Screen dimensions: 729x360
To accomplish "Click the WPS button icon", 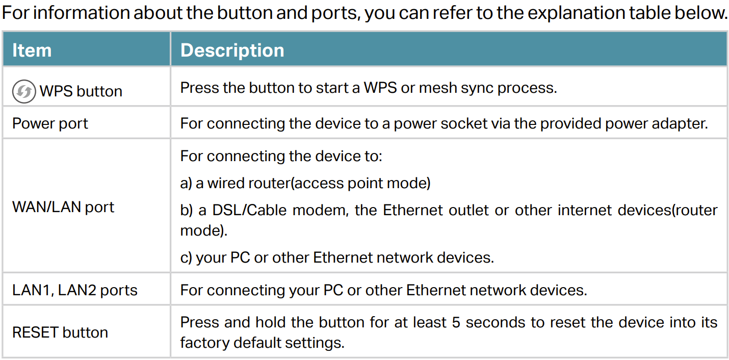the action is click(x=24, y=91).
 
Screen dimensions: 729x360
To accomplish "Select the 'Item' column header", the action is click(x=32, y=50).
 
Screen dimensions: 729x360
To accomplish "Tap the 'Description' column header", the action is click(x=232, y=50).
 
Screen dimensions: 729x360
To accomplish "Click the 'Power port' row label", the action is click(x=50, y=124).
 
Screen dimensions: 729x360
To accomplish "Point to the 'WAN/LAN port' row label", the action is click(x=63, y=207).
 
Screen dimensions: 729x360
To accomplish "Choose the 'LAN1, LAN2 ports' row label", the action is click(x=75, y=290).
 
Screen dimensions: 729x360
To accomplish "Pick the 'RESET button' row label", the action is click(x=60, y=332).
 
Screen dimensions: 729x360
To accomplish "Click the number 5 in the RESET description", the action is click(x=456, y=323).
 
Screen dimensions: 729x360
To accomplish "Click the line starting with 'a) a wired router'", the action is click(x=305, y=183).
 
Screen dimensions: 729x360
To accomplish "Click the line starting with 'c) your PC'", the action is click(x=337, y=258).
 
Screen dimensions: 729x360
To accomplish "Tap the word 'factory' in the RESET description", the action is click(x=204, y=343).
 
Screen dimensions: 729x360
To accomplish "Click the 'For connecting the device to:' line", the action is click(x=281, y=156).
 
